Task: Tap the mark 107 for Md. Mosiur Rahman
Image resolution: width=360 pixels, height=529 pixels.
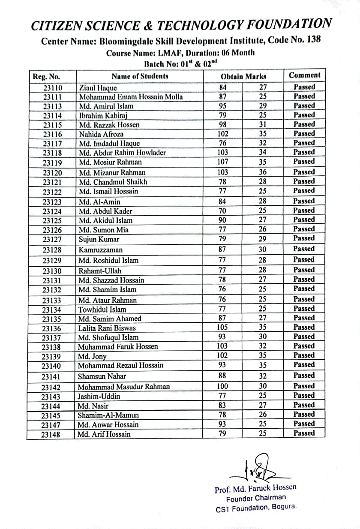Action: [222, 162]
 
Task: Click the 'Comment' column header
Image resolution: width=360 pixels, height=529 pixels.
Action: [304, 75]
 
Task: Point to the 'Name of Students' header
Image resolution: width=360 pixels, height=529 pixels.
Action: [140, 77]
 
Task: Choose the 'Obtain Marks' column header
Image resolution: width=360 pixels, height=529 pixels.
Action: [243, 76]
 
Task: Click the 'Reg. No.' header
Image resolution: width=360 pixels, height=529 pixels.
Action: [46, 77]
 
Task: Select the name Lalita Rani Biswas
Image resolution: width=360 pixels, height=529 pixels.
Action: [107, 328]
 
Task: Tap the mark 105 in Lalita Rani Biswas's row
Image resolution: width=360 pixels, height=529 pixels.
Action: [222, 328]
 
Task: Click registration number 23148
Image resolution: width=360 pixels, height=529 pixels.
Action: [51, 435]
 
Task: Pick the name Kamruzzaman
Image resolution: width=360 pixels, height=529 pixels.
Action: [100, 250]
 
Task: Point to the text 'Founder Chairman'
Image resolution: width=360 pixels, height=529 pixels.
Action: [256, 498]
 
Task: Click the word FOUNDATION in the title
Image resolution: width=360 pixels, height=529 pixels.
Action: [288, 24]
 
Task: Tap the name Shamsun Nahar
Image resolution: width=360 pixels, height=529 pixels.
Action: [102, 376]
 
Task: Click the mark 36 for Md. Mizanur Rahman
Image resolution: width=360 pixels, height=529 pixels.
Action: [263, 172]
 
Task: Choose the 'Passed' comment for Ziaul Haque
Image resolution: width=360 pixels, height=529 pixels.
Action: [304, 87]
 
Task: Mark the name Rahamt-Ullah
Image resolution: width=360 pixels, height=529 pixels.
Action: [100, 271]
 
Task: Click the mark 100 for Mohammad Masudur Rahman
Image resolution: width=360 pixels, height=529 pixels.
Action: [222, 386]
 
